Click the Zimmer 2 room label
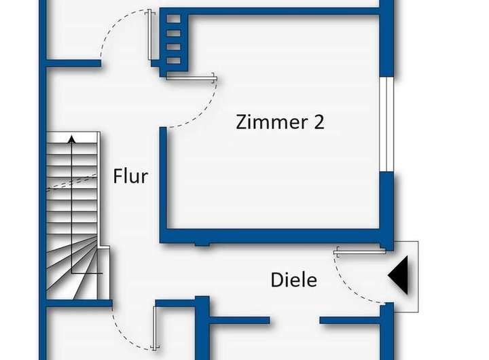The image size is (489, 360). (x=280, y=122)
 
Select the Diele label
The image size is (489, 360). (x=293, y=279)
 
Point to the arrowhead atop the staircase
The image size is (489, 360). (x=72, y=140)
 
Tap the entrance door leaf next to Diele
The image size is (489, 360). (x=360, y=251)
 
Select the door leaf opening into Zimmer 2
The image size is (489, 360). (x=191, y=77)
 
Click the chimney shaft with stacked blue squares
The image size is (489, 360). (x=173, y=40)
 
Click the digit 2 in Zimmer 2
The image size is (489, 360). (x=317, y=122)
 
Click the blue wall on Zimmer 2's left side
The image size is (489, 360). (x=164, y=183)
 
